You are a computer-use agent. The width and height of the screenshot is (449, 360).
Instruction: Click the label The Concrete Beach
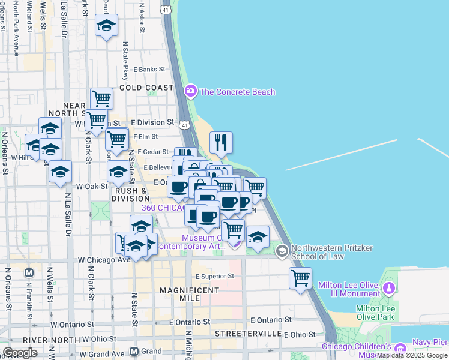click(238, 92)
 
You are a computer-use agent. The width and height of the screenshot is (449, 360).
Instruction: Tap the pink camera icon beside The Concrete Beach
click(191, 91)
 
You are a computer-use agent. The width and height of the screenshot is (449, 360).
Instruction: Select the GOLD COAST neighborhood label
click(146, 88)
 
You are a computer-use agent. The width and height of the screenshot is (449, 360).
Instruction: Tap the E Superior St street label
click(214, 276)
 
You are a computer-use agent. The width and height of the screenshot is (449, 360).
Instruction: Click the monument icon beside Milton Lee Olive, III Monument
click(389, 289)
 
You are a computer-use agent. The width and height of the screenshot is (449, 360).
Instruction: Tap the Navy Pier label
click(429, 342)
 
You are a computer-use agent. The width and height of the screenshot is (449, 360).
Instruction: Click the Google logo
click(20, 353)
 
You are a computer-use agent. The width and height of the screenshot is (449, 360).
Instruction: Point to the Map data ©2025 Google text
click(411, 355)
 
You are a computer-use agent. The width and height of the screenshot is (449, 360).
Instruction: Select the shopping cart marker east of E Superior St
click(300, 278)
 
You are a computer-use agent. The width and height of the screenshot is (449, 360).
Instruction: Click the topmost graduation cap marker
click(106, 25)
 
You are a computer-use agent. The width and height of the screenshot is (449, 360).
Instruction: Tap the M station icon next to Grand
click(134, 351)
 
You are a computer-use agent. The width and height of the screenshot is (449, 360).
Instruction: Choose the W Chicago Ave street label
click(104, 260)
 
